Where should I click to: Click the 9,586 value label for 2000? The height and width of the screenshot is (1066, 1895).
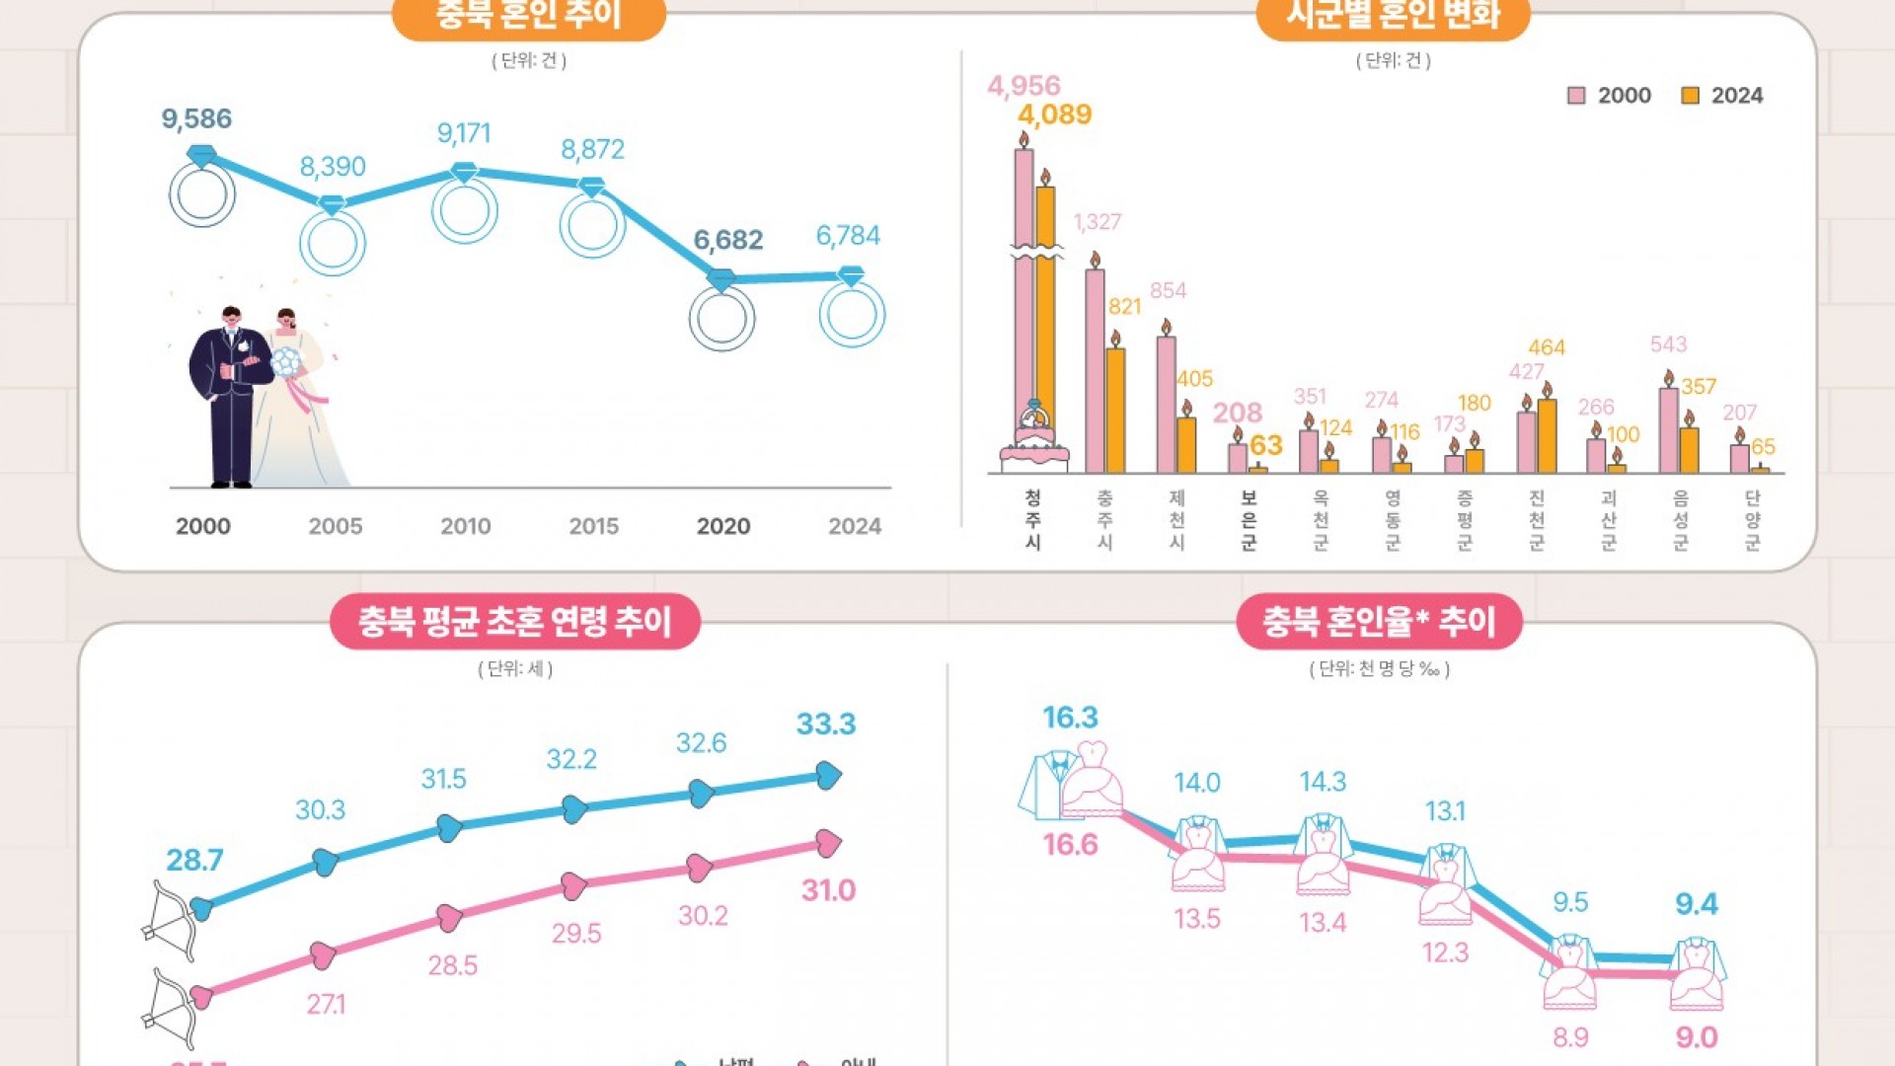[196, 119]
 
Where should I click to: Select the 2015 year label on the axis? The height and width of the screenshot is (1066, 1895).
[593, 526]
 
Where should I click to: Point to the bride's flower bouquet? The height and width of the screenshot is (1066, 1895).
[286, 362]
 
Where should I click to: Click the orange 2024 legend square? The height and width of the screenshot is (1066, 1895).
[1690, 96]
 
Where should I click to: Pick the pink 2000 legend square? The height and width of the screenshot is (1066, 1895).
[1576, 96]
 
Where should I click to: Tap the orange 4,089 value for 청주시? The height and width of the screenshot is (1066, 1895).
[1054, 114]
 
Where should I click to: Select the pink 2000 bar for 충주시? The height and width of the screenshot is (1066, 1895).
[1095, 370]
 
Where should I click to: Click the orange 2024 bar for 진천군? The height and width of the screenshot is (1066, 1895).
[1547, 435]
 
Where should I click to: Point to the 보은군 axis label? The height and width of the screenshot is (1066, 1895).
[1249, 519]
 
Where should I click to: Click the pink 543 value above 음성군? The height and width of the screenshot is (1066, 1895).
[1668, 344]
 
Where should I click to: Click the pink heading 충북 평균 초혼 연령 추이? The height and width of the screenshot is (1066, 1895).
[514, 622]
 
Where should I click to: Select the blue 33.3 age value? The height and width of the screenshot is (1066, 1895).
[826, 724]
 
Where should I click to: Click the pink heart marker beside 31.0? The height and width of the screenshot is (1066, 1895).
[828, 843]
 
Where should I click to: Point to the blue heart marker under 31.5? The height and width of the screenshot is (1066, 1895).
[449, 827]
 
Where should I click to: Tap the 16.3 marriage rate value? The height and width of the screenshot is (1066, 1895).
[1070, 718]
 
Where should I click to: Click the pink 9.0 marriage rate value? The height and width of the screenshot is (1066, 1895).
[1696, 1037]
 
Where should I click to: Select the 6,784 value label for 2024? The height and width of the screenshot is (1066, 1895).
[848, 236]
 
